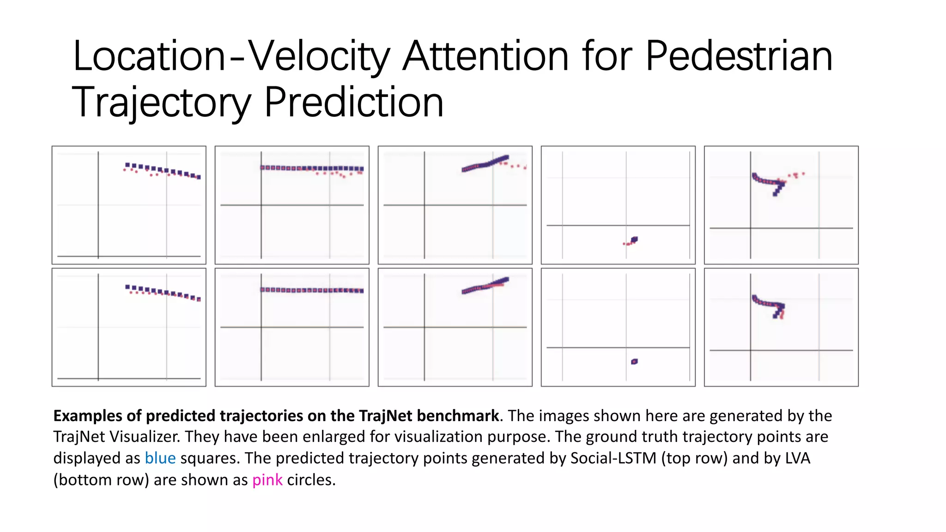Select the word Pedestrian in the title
coord(739,56)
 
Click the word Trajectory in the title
coord(161,103)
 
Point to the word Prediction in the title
coord(354,103)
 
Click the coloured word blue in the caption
coord(160,458)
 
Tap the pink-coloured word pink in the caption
coord(267,480)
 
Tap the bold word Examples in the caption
coord(88,416)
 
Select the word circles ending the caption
coord(311,480)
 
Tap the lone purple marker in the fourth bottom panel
coord(634,362)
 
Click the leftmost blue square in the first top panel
coord(127,165)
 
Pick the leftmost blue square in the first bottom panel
coord(127,287)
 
